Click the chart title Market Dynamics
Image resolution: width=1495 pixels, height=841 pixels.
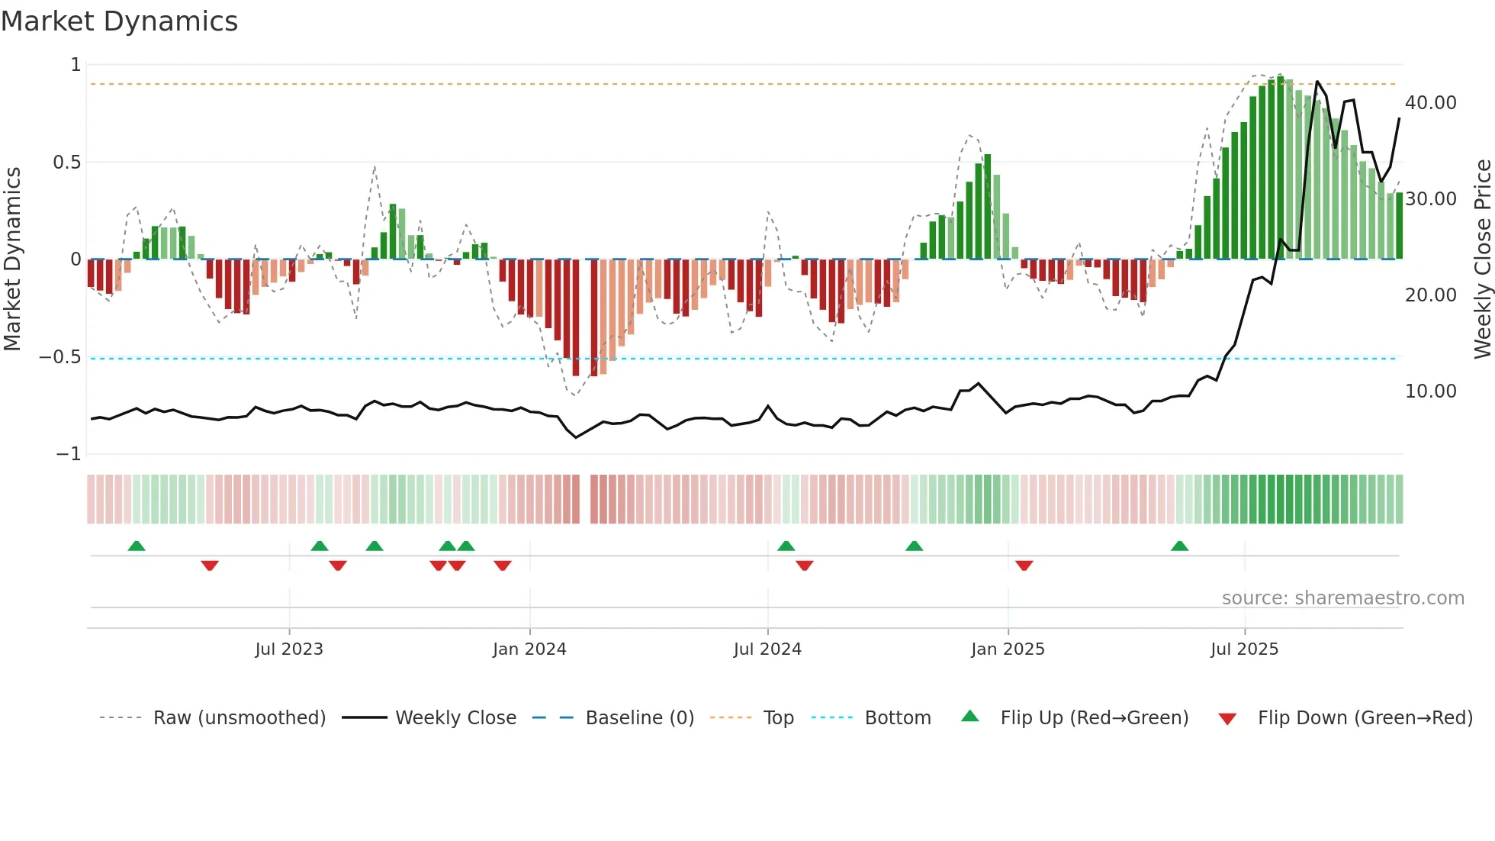(119, 21)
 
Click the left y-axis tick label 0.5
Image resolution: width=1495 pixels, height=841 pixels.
(66, 163)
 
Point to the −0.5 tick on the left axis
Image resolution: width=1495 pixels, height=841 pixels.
(59, 357)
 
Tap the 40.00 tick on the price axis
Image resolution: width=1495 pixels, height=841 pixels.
(1430, 103)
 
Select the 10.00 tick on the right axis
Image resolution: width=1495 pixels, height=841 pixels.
(1430, 391)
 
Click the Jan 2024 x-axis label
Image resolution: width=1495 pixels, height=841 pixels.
(529, 649)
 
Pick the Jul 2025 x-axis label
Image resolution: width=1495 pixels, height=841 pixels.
(1244, 649)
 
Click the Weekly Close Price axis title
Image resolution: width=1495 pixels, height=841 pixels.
(1482, 259)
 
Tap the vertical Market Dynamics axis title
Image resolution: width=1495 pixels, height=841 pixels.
(12, 259)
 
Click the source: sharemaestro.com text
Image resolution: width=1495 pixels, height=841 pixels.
(1342, 598)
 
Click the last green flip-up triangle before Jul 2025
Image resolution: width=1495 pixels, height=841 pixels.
(1179, 546)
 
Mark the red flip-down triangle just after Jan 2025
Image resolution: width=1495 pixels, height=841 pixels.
(1024, 565)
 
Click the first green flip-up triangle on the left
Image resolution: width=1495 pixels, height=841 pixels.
(137, 546)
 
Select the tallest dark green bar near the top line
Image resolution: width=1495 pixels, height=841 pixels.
(1280, 168)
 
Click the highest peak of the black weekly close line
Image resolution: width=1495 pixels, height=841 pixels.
(1317, 82)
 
